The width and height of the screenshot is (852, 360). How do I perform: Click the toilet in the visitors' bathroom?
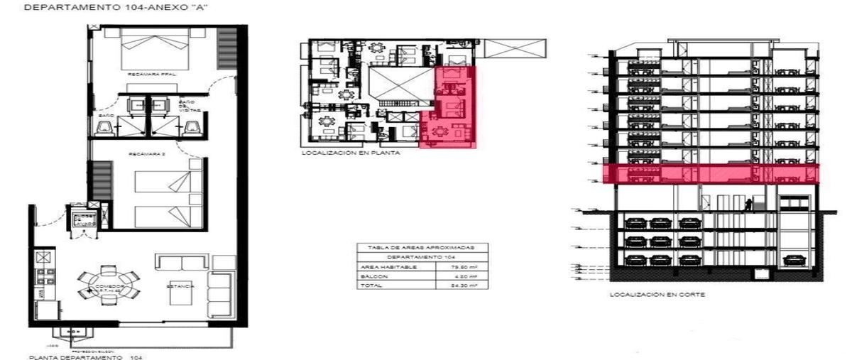tap(192, 126)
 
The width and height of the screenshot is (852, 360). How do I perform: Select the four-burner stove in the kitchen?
tap(42, 273)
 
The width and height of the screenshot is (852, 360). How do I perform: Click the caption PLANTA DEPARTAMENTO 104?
tap(85, 357)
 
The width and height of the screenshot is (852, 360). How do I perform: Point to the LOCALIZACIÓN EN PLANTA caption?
tap(351, 153)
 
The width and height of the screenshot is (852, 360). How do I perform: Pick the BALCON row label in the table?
tap(371, 276)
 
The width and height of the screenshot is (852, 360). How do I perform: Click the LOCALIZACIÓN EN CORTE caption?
tap(657, 294)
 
